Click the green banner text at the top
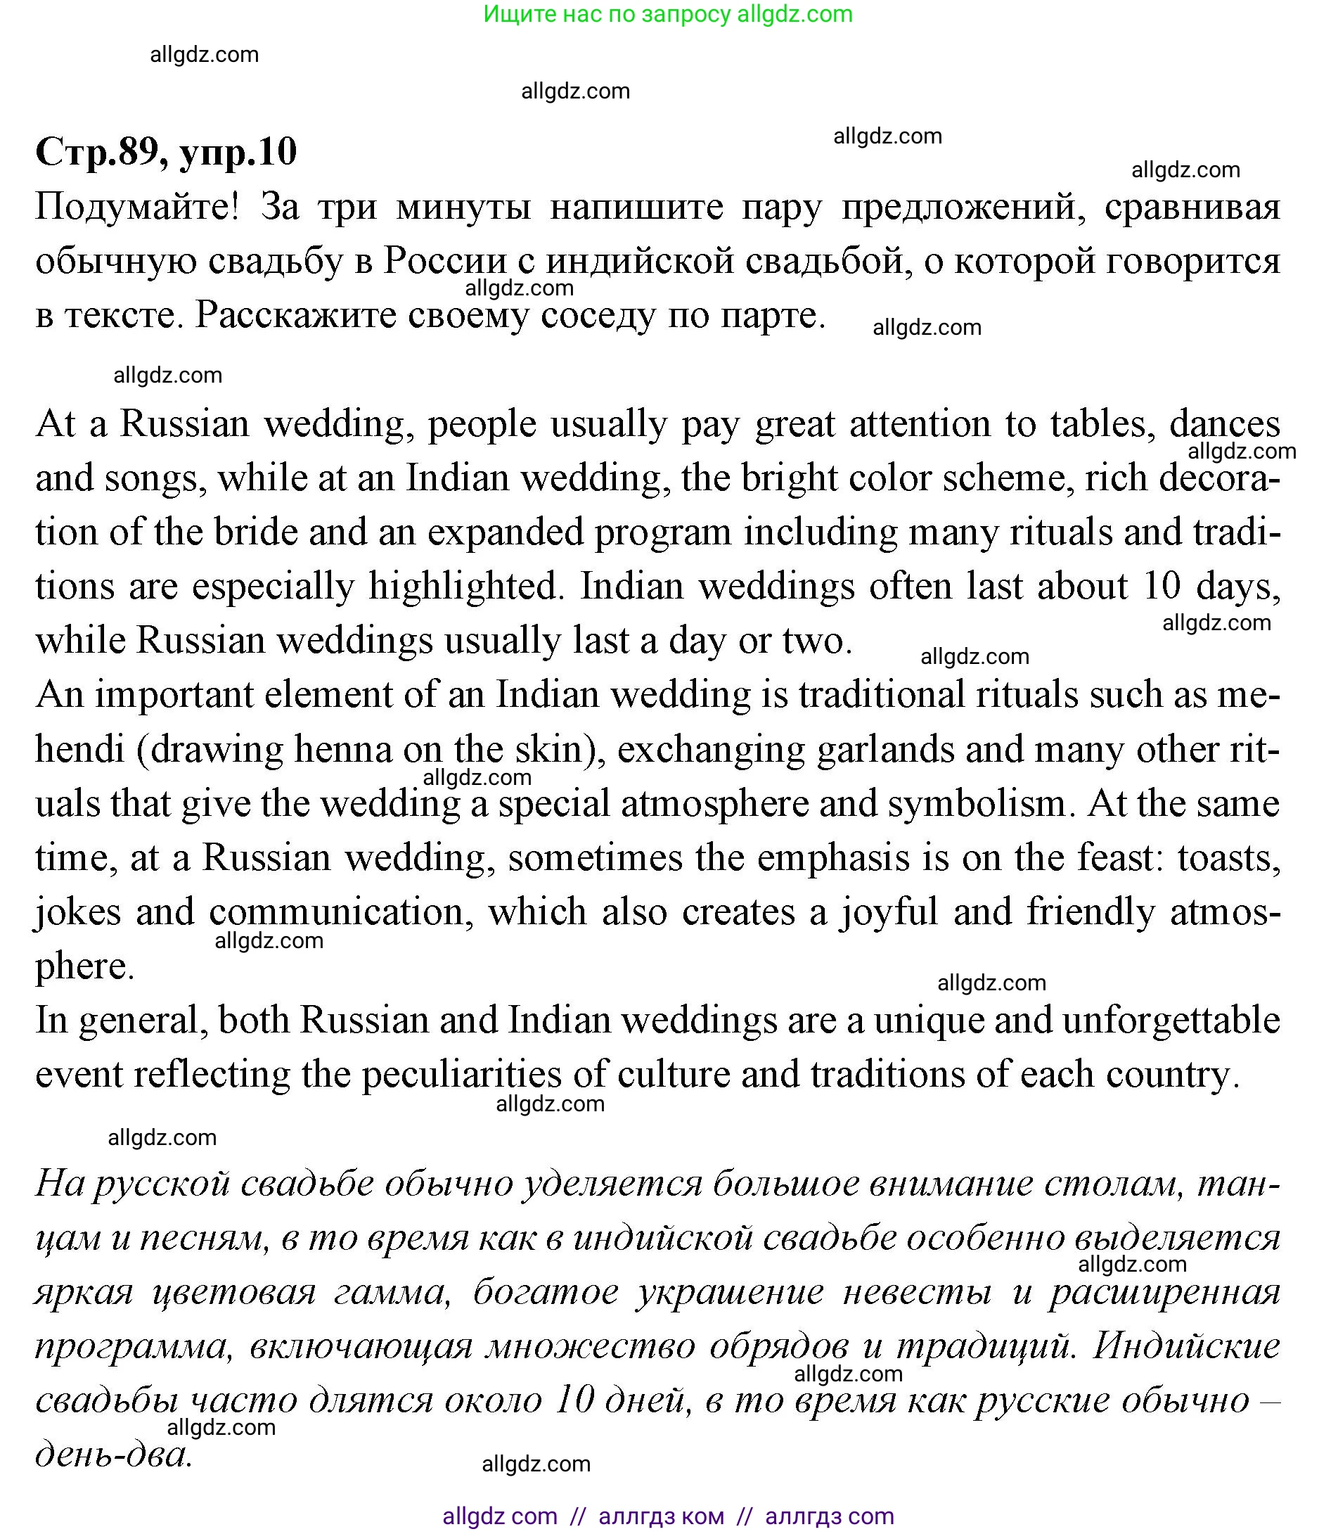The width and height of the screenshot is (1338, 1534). coord(667,14)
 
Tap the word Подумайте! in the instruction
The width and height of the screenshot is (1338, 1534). coord(137,207)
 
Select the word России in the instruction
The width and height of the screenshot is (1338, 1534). coord(445,262)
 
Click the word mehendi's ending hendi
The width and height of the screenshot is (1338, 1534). coord(79,749)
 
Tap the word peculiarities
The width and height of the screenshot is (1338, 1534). coord(461,1075)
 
